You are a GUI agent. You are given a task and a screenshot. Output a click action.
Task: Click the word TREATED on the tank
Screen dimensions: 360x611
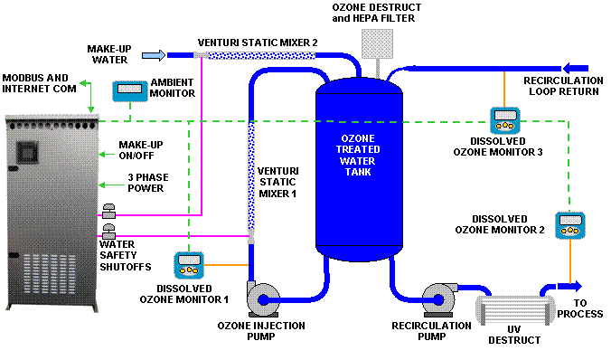[359, 149]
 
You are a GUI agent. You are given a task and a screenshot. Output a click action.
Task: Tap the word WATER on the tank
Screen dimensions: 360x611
[359, 160]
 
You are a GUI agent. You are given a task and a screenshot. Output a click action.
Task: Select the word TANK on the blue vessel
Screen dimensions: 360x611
[359, 171]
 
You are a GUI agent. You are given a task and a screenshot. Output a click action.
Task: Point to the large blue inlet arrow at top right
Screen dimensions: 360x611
[575, 68]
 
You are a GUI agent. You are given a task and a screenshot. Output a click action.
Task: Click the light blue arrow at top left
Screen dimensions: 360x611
[154, 56]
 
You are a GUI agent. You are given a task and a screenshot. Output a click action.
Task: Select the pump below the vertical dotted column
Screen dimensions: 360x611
[266, 299]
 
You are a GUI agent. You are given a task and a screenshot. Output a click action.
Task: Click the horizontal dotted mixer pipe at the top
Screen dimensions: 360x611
[262, 55]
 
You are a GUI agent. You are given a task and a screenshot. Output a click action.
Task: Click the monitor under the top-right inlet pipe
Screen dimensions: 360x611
[505, 120]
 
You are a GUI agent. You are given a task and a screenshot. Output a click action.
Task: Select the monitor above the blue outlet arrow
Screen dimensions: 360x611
[569, 225]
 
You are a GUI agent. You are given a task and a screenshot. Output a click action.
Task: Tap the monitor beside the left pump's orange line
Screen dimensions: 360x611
[189, 265]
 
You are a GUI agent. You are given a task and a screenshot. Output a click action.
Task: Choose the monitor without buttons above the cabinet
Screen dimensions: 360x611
[129, 91]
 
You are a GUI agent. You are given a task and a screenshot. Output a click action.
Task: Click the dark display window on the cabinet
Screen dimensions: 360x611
[28, 153]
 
